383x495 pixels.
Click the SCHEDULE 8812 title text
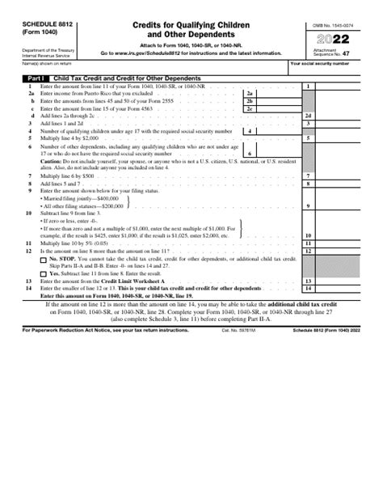(47, 26)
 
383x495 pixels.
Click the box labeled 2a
(250, 93)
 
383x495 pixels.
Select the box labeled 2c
(250, 108)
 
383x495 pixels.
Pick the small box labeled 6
(250, 153)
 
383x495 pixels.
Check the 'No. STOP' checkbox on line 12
(44, 258)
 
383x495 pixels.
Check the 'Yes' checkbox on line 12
(44, 273)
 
